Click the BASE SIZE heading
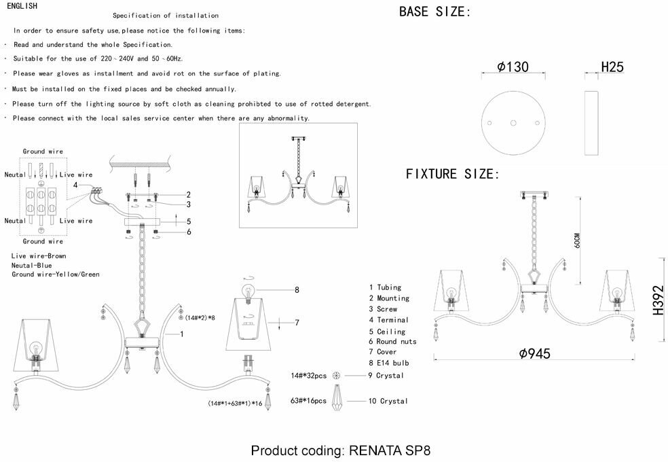[x=434, y=12]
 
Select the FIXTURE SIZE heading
[x=452, y=174]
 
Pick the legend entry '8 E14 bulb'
[x=388, y=363]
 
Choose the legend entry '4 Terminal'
[x=388, y=319]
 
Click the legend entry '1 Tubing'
[x=385, y=287]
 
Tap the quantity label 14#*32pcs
[x=309, y=375]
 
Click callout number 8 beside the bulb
[x=297, y=290]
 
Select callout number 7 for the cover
[x=297, y=323]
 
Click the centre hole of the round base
[x=513, y=123]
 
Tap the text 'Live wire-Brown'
[x=38, y=255]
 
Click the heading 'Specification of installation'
[x=166, y=15]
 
